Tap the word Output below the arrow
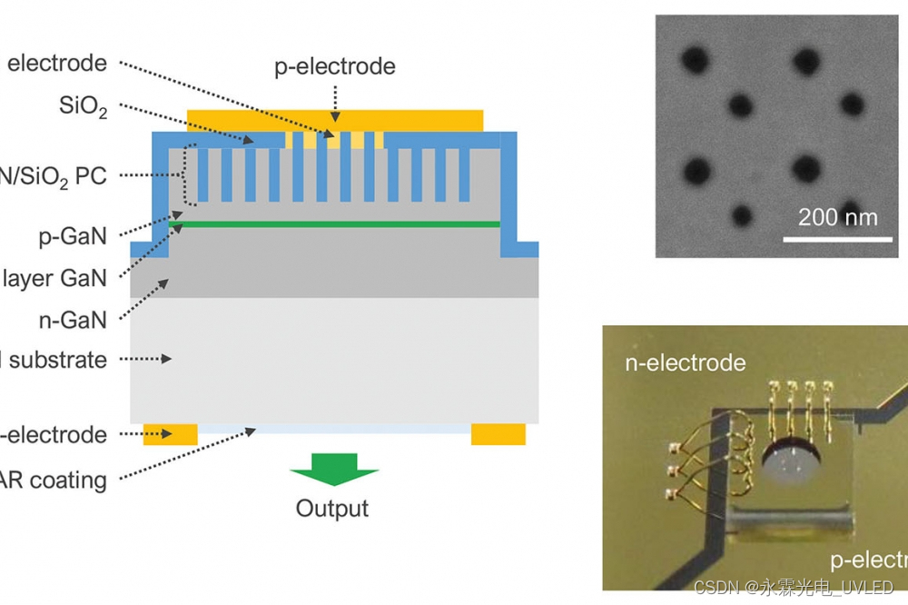pyautogui.click(x=332, y=508)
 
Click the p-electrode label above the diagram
pyautogui.click(x=335, y=67)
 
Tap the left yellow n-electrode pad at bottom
pyautogui.click(x=171, y=434)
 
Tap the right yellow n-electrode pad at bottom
pyautogui.click(x=498, y=434)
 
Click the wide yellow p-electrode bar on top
pyautogui.click(x=334, y=120)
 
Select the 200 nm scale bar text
pyautogui.click(x=838, y=218)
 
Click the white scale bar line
pyautogui.click(x=837, y=239)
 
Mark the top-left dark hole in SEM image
pyautogui.click(x=696, y=60)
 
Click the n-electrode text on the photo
pyautogui.click(x=686, y=363)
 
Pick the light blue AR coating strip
pyautogui.click(x=334, y=428)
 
